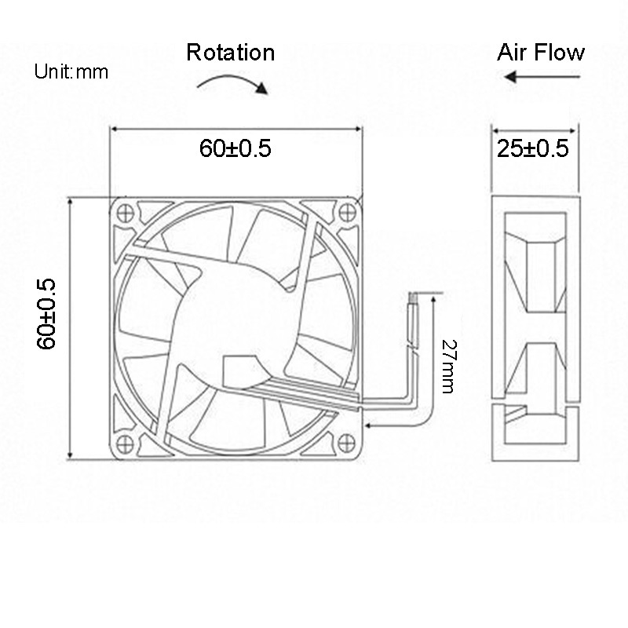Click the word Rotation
tap(230, 53)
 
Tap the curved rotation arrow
tap(232, 82)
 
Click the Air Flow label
tap(541, 53)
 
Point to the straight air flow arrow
tap(541, 77)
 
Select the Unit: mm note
tap(71, 73)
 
